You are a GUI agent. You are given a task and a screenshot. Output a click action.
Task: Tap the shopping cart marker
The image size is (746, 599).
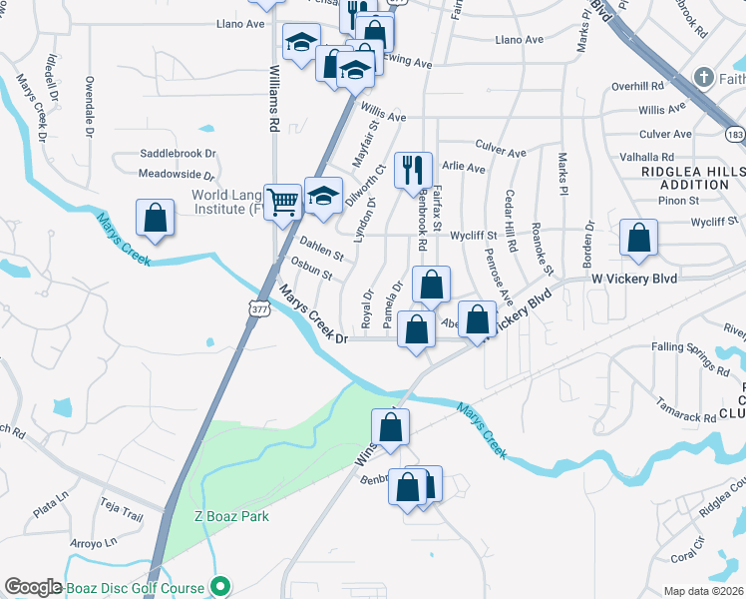pyautogui.click(x=284, y=201)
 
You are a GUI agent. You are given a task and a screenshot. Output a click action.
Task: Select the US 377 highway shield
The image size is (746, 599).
pyautogui.click(x=260, y=309)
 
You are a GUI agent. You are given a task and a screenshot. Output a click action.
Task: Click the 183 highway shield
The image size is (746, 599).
pyautogui.click(x=735, y=133)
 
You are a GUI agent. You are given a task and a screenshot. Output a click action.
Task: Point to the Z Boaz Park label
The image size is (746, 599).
pyautogui.click(x=231, y=516)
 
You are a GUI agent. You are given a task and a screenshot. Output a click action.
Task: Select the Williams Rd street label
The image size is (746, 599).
pyautogui.click(x=274, y=100)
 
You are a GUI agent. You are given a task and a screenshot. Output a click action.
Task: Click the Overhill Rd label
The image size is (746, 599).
pyautogui.click(x=643, y=86)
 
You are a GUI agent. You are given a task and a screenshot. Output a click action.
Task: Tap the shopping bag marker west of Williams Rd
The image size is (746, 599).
pyautogui.click(x=155, y=218)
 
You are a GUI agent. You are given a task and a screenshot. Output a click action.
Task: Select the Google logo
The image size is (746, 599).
pyautogui.click(x=34, y=588)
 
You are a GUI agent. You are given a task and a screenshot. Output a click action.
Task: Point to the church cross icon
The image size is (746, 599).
pyautogui.click(x=704, y=78)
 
